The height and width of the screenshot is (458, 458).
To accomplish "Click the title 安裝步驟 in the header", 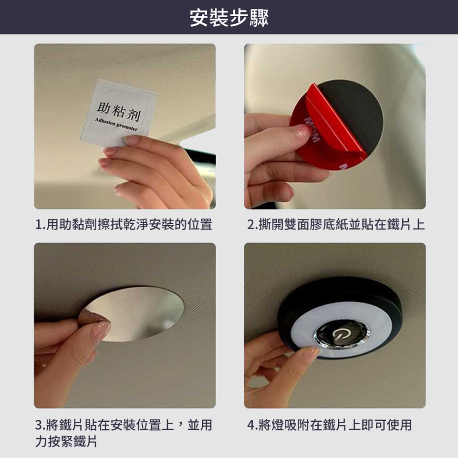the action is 229,18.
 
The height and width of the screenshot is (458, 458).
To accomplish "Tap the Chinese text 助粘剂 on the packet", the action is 119,111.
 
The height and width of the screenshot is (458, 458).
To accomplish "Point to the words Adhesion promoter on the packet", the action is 116,125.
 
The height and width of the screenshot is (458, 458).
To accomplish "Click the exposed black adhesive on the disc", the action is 354,112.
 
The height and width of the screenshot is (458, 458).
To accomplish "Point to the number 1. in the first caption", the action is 40,225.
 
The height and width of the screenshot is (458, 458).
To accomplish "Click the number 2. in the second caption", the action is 252,225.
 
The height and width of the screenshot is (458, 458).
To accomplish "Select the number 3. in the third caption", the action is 40,425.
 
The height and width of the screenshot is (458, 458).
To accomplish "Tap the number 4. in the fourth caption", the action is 252,425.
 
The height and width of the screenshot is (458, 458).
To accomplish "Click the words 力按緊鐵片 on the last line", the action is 66,441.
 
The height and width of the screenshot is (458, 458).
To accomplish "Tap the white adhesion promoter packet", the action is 119,113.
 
